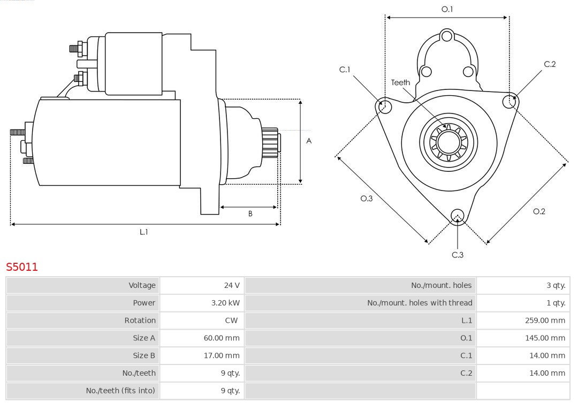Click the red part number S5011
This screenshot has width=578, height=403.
click(x=22, y=267)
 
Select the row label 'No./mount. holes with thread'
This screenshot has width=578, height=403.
click(x=420, y=303)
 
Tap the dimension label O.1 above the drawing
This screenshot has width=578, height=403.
click(x=447, y=9)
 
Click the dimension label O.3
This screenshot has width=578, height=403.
click(x=366, y=199)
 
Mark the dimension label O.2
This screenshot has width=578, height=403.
click(x=539, y=211)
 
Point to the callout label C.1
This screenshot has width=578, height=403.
click(x=345, y=70)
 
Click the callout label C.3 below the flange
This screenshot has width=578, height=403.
click(x=458, y=255)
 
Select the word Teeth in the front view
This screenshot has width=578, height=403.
click(x=400, y=82)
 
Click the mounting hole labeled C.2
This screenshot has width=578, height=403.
click(x=510, y=101)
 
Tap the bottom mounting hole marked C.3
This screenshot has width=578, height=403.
click(x=457, y=216)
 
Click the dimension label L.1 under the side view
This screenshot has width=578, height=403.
click(x=143, y=232)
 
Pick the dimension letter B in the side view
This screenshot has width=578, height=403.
click(x=250, y=214)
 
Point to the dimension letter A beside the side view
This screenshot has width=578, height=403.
click(x=309, y=141)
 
